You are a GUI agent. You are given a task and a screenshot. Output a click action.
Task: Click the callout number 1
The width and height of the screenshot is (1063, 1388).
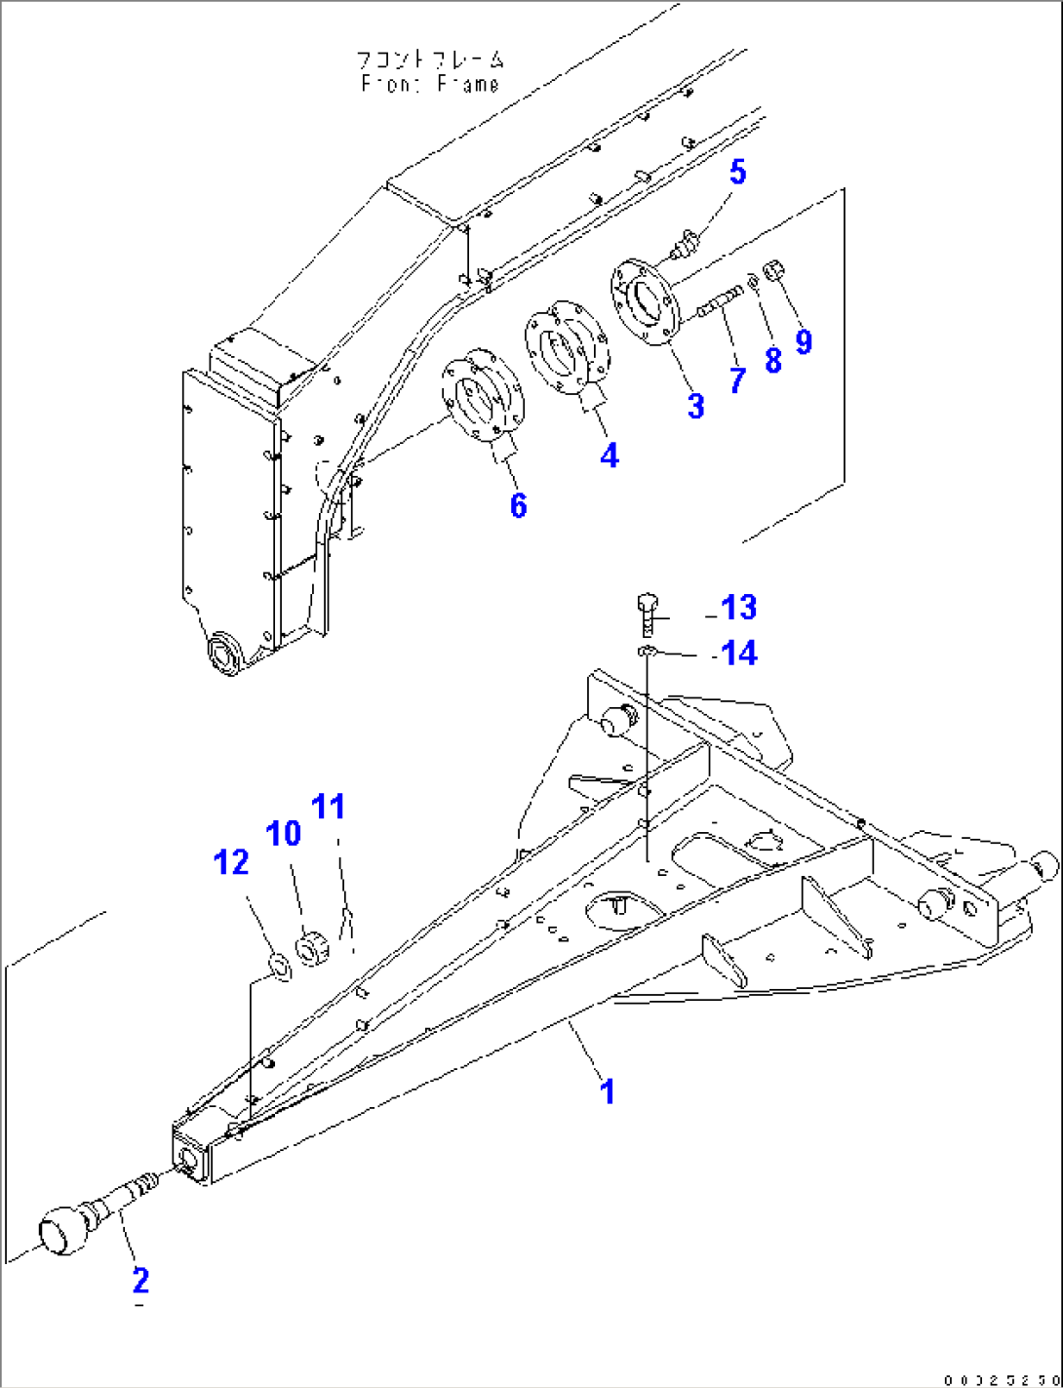coord(608,1091)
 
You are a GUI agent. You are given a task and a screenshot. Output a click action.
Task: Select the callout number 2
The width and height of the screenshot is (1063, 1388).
coord(140,1279)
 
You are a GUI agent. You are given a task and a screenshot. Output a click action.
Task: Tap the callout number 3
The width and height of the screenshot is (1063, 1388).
coord(695,406)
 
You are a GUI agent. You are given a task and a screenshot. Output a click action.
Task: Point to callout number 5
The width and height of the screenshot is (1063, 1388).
coord(738,173)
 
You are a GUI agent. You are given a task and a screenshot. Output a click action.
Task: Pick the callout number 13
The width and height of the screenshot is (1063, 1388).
coord(738,608)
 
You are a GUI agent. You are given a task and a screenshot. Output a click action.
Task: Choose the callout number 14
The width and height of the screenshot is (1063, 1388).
coord(738,653)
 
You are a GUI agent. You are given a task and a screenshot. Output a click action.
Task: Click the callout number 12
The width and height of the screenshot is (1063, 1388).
coord(231,862)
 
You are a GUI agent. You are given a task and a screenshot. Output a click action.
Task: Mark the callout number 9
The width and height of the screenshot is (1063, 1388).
coord(804,341)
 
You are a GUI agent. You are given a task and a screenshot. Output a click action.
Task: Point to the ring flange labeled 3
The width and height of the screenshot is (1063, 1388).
coord(644,297)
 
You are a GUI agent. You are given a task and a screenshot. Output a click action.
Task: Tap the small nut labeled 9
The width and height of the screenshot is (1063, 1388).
coord(770,268)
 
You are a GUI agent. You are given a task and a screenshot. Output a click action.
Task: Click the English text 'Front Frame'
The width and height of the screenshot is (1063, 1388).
coord(430,85)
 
